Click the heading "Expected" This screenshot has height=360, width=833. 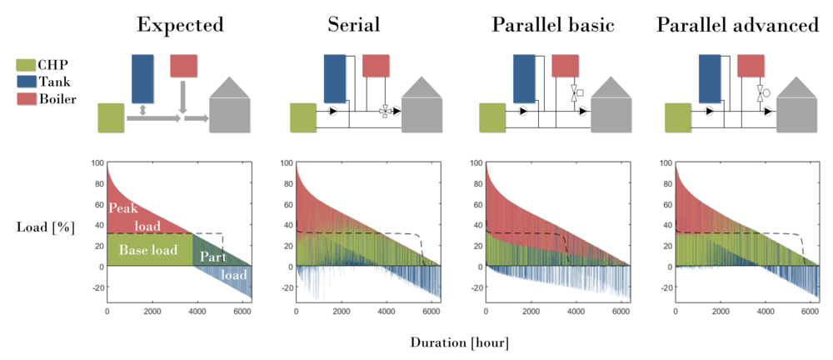(180, 25)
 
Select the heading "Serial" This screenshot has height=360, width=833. (353, 25)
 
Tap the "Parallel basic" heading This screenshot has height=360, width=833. (552, 25)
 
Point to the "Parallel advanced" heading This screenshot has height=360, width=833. (737, 25)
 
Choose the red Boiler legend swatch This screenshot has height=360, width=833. (26, 99)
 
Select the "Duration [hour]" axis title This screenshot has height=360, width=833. (459, 342)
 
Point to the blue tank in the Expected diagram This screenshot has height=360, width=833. (143, 79)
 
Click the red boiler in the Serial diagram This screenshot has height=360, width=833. (376, 66)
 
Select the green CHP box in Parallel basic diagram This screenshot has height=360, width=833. (491, 117)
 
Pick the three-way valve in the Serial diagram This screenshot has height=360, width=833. (386, 111)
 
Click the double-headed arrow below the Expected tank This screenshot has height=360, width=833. (143, 110)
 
